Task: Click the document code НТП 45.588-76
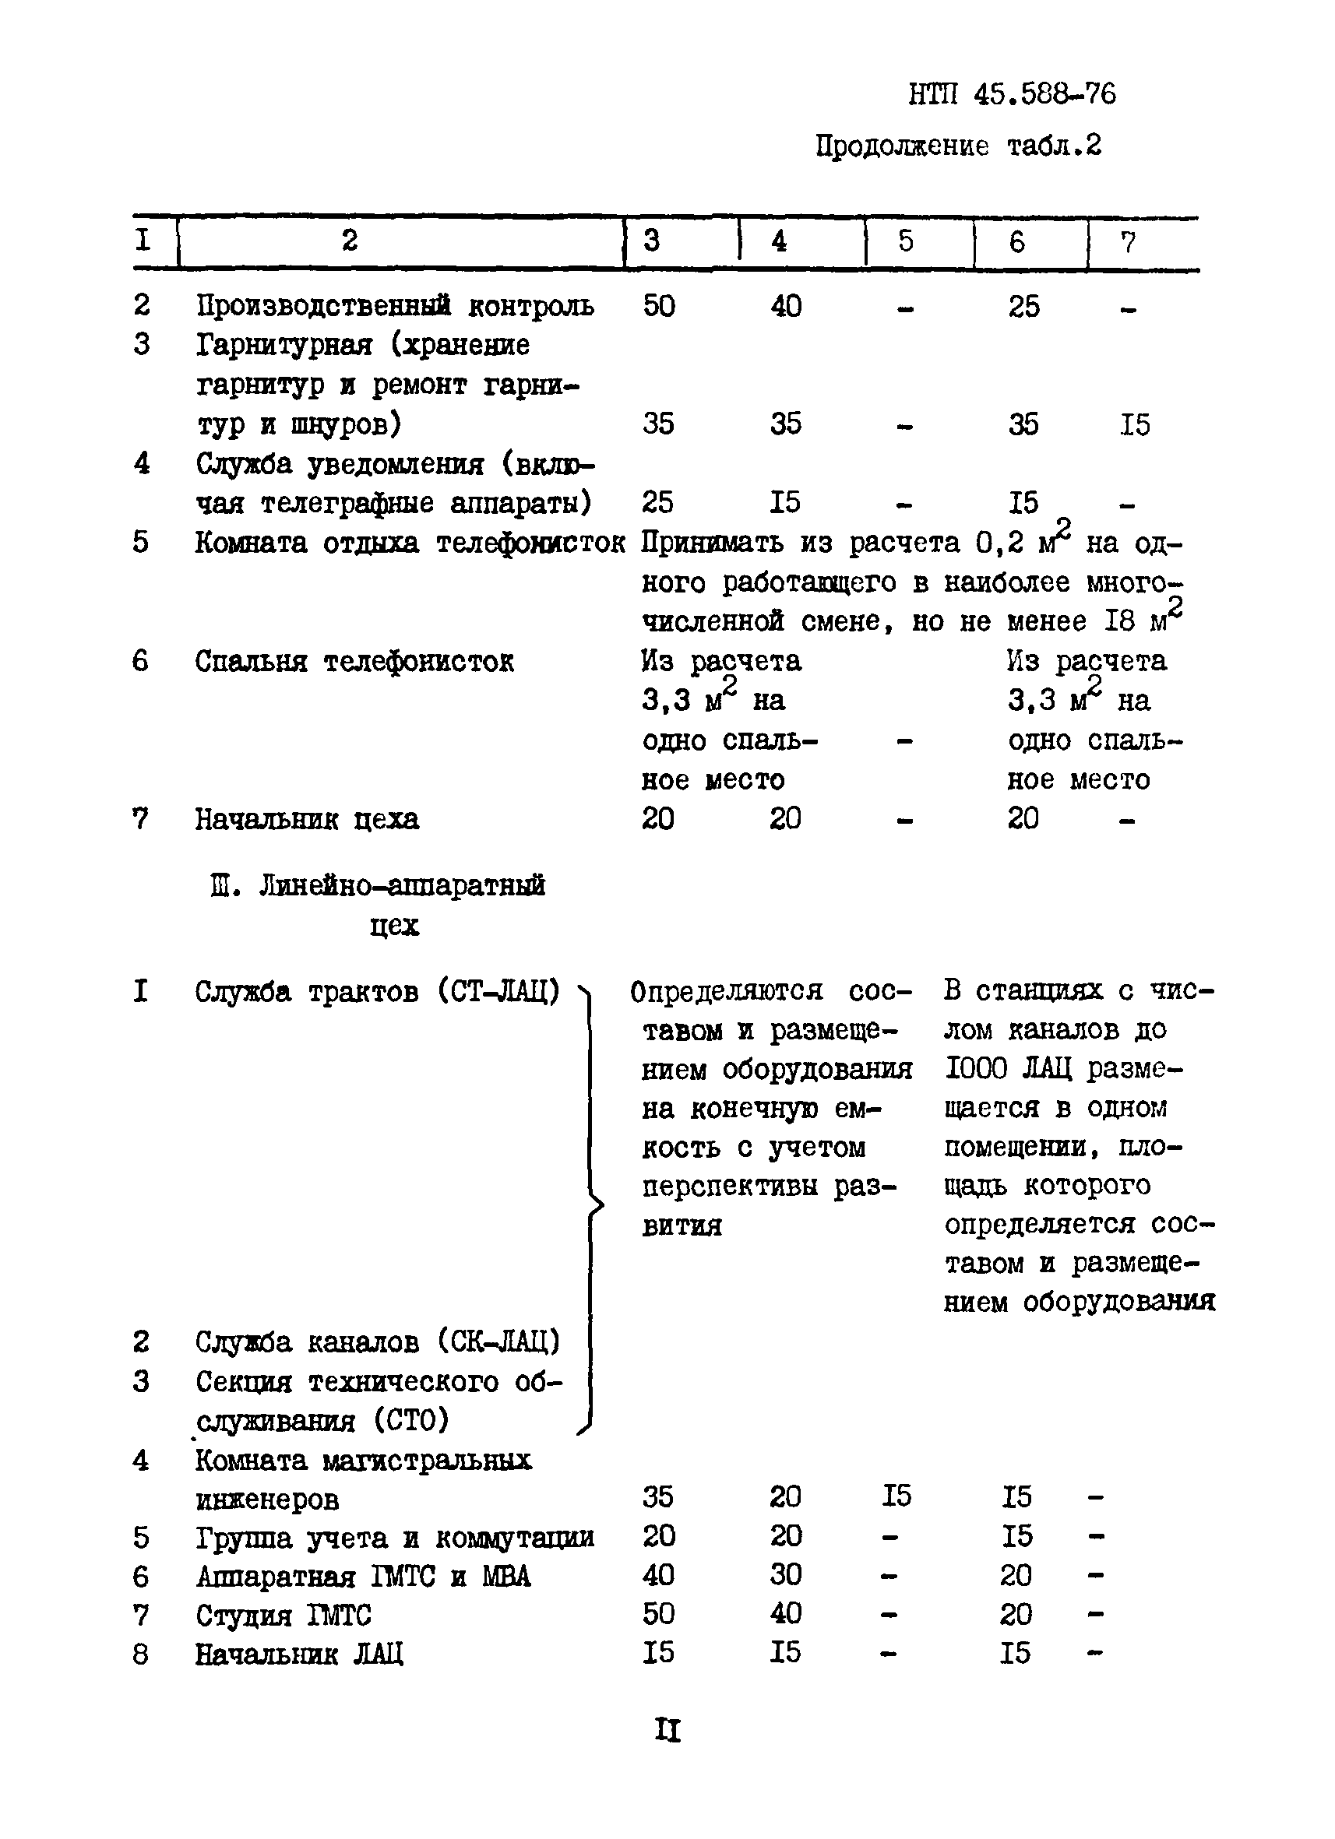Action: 1012,95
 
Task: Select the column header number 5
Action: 905,241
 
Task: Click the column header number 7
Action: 1127,241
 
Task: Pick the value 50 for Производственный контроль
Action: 658,307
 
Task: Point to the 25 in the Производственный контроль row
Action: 1023,307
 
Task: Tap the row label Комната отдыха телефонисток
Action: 409,543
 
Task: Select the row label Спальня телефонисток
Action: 354,662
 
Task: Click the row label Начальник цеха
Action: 307,819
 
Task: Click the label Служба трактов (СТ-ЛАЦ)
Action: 377,992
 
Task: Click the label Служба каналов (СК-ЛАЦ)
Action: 377,1342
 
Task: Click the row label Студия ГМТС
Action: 283,1616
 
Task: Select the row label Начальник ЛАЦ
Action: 298,1654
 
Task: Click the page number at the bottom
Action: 667,1731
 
